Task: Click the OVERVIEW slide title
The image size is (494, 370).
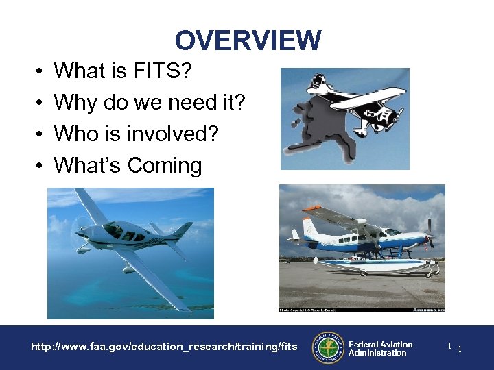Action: point(248,41)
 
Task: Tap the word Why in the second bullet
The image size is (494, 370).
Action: point(75,103)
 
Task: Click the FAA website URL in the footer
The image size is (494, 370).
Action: point(165,347)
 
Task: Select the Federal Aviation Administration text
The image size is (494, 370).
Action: point(380,349)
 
